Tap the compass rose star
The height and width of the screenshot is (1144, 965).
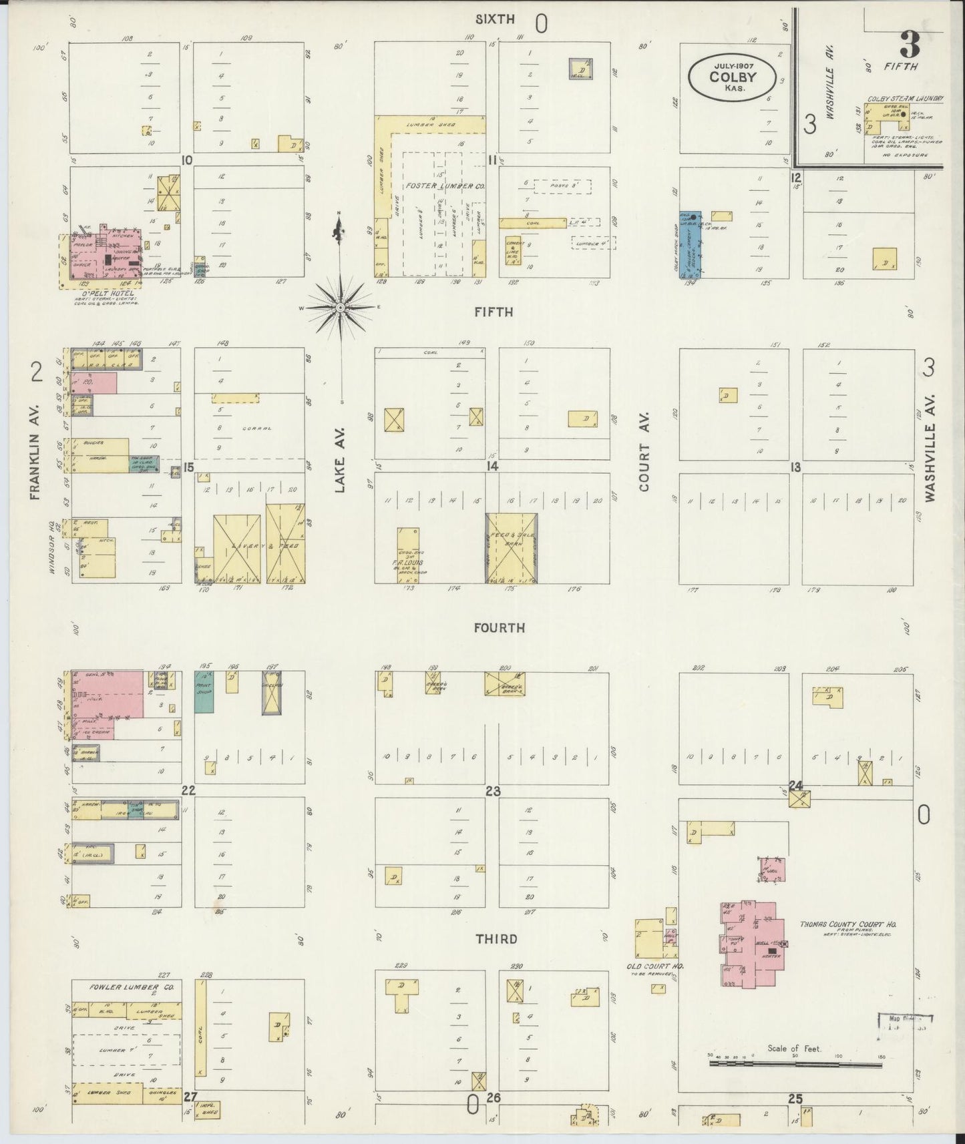(340, 307)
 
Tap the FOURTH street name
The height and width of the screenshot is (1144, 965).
(499, 628)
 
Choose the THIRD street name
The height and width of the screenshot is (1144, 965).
(496, 939)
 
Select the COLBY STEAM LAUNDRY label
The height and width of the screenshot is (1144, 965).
(905, 99)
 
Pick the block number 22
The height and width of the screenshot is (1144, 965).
(188, 790)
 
